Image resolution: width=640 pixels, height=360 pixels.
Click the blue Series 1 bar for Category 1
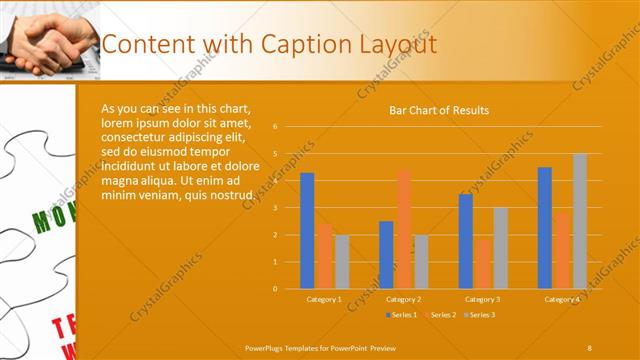pos(307,231)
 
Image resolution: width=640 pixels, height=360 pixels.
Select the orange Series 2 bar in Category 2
pos(403,229)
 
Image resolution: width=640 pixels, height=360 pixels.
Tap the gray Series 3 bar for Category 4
pos(580,221)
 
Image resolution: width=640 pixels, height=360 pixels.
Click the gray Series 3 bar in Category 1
pos(342,262)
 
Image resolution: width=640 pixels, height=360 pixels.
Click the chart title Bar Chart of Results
pos(439,110)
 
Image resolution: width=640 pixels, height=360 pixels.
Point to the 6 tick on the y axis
pos(288,127)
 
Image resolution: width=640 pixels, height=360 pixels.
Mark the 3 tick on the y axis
pos(288,208)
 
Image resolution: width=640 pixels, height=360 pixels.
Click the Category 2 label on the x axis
pos(403,299)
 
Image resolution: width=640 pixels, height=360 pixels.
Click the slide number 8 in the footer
pos(589,347)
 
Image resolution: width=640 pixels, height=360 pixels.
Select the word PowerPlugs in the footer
pos(265,347)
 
